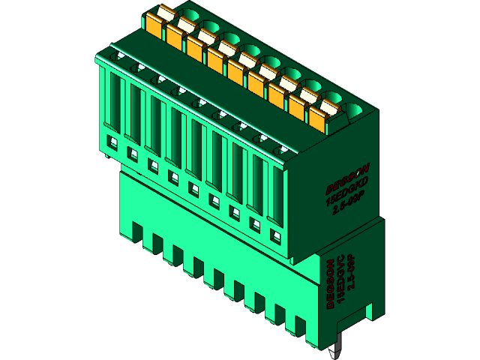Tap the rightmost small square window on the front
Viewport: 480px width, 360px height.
pyautogui.click(x=274, y=238)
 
